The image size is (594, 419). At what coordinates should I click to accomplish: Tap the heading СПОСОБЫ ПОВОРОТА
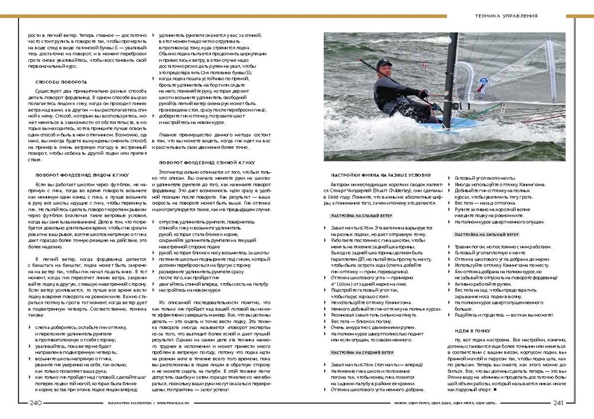[61, 81]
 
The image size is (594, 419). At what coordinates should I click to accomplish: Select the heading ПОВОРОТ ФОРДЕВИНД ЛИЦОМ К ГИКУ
[81, 175]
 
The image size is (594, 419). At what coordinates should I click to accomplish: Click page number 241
[558, 403]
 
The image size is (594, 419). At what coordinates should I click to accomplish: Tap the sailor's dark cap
[384, 62]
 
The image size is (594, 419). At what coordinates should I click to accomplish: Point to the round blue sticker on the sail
[482, 89]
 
